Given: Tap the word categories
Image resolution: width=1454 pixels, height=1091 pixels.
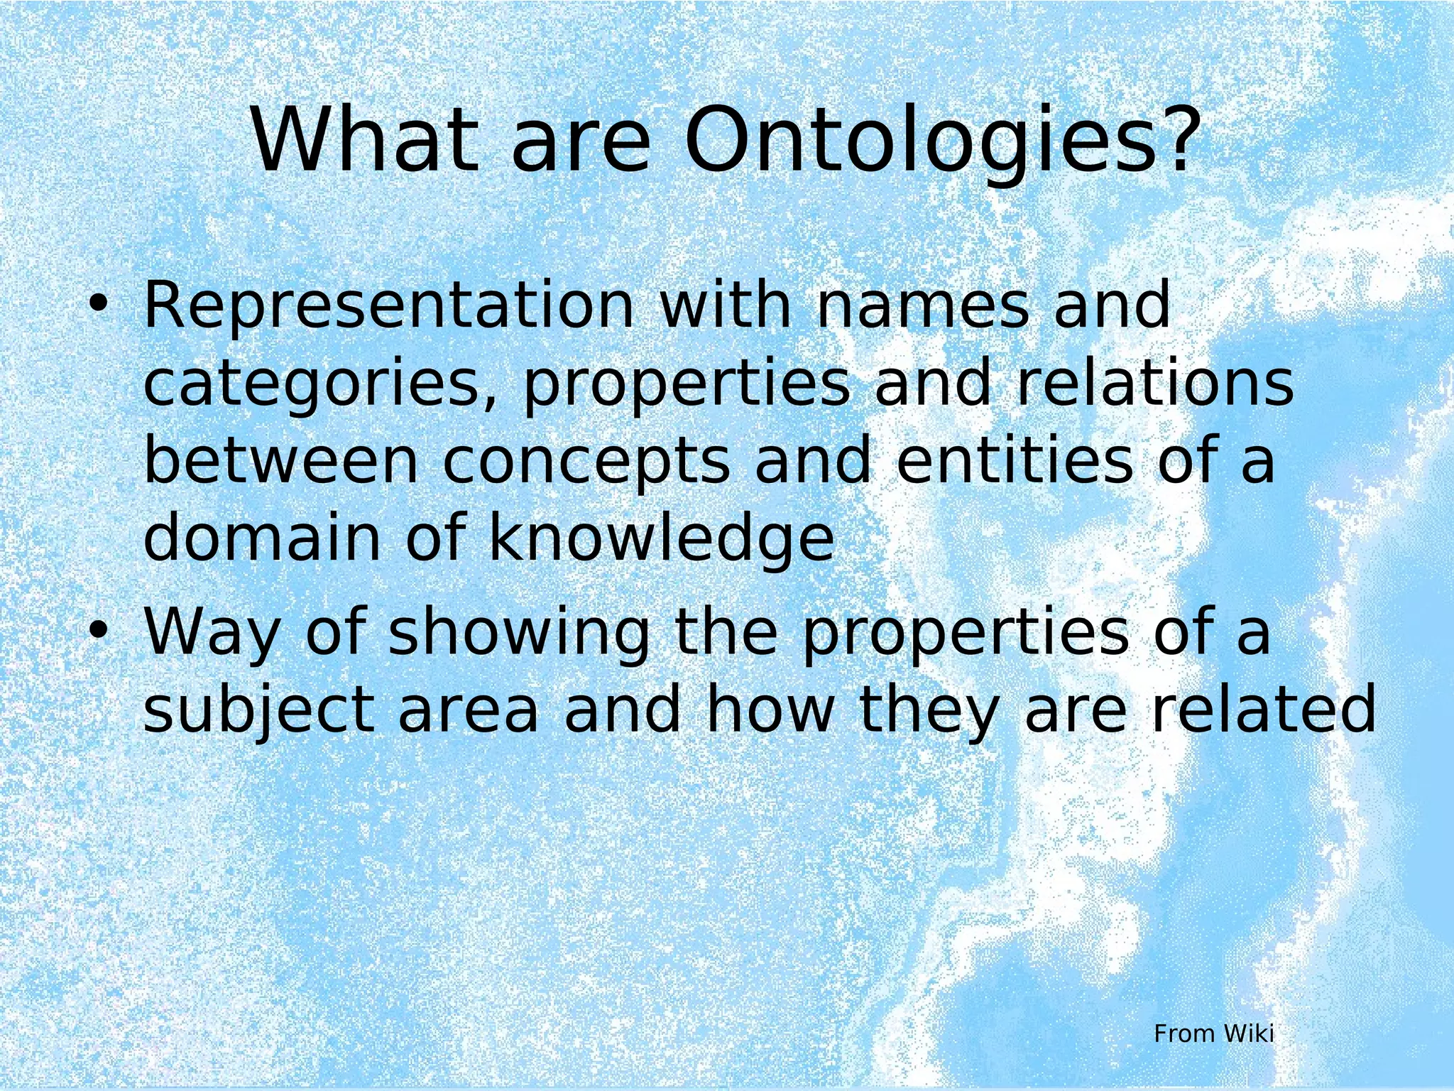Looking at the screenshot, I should point(319,385).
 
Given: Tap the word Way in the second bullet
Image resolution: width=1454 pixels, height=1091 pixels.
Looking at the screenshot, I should point(212,634).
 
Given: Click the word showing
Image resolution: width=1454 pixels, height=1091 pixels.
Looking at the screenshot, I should point(519,634).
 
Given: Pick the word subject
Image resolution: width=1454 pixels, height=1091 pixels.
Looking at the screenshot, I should point(259,712).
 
